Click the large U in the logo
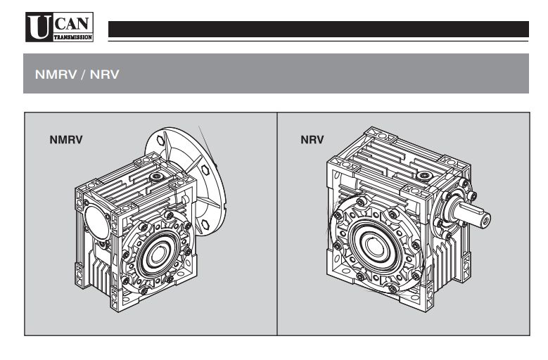(x=36, y=27)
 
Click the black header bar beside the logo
(x=317, y=29)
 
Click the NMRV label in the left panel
(x=66, y=139)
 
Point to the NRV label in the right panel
(x=312, y=139)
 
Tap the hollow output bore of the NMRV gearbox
(x=156, y=252)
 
